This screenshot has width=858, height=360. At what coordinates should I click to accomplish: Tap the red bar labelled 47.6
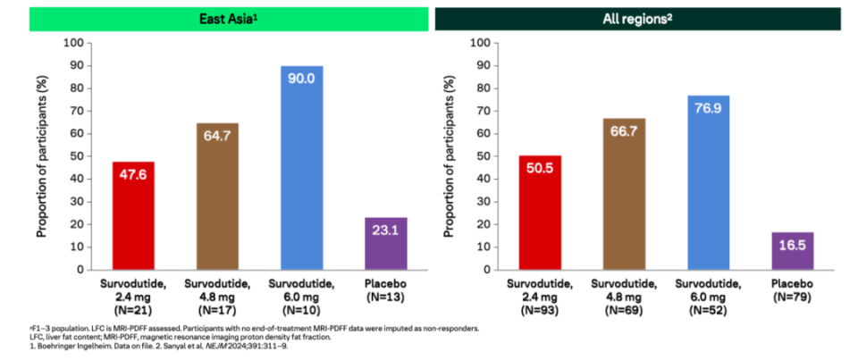pos(133,215)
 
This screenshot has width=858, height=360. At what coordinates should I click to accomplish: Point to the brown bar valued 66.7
pos(625,193)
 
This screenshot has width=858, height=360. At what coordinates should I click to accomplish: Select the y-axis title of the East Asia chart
pos(43,155)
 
